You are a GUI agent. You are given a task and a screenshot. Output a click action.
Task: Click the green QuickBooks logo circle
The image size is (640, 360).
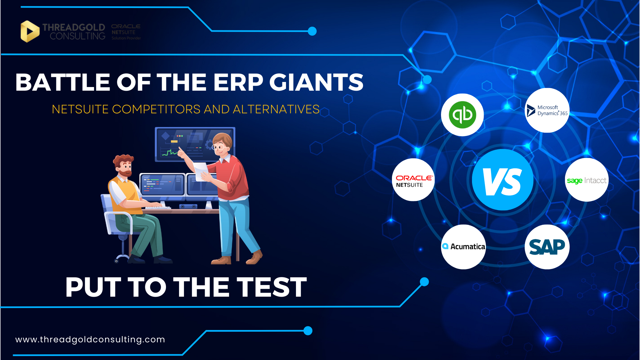click(462, 115)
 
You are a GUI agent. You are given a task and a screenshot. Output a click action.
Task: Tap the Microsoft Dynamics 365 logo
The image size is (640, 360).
click(547, 110)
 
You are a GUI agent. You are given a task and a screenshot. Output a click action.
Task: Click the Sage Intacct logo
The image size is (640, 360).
click(587, 180)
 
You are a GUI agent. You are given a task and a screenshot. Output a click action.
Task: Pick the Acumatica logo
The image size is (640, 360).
click(463, 247)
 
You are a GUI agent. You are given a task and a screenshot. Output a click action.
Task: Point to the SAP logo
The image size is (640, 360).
click(547, 247)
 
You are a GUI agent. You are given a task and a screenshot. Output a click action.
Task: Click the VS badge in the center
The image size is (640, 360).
click(503, 180)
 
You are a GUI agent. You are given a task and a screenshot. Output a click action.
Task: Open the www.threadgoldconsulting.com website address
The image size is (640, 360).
click(90, 339)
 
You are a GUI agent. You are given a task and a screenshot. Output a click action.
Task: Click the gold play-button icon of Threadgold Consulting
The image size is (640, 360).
click(30, 31)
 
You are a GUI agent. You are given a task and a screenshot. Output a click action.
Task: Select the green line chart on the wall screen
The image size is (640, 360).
click(170, 153)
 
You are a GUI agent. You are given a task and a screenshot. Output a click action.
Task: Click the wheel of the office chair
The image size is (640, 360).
click(116, 261)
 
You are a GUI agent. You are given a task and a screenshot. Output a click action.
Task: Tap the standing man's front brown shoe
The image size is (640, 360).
click(255, 257)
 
